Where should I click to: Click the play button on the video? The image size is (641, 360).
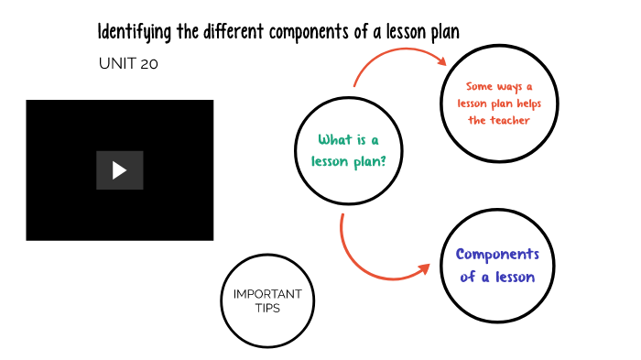coord(119,170)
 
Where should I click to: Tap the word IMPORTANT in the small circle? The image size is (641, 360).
coord(267,294)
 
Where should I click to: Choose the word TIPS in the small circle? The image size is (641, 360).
coord(267,309)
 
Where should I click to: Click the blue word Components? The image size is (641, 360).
coord(497,255)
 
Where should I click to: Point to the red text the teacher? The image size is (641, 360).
coord(498,121)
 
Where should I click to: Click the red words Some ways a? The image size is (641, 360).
coord(498,87)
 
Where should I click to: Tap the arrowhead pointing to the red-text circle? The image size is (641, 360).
coord(440,61)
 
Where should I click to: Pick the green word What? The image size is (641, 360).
coord(334,140)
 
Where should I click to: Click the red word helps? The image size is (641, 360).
coord(523,104)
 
